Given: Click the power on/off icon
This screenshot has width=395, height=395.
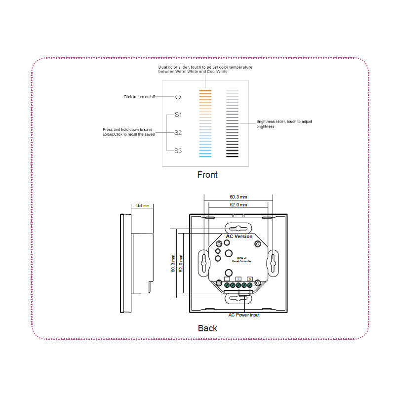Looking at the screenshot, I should click(x=178, y=97).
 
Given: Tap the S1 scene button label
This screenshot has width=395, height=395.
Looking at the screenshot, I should click(x=178, y=115).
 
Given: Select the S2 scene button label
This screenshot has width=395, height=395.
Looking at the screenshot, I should click(x=178, y=132).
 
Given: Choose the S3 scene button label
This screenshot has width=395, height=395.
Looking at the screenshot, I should click(x=178, y=151).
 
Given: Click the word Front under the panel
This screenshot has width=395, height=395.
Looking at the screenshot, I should click(x=207, y=174).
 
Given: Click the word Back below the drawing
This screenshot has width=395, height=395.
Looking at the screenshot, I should click(x=207, y=328).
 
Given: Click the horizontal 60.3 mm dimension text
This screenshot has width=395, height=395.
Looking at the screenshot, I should click(x=238, y=197).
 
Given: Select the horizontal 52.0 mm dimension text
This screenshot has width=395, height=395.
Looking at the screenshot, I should click(x=238, y=204).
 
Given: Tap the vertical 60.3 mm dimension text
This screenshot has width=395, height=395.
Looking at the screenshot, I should click(x=173, y=263).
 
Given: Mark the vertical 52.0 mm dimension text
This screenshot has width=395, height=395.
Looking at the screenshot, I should click(x=181, y=263).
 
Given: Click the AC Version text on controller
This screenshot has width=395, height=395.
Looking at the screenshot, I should click(x=239, y=237).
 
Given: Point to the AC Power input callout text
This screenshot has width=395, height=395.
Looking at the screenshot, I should click(x=244, y=315).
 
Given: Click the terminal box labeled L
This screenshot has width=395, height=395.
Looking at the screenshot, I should click(x=238, y=279).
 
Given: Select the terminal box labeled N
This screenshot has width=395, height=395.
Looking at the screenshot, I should click(x=250, y=279).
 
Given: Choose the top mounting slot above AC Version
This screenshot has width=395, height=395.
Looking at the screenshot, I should click(x=238, y=228).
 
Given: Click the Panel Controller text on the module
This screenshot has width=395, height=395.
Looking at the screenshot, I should click(x=242, y=261).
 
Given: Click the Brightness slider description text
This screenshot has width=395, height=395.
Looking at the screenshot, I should click(x=284, y=124).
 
